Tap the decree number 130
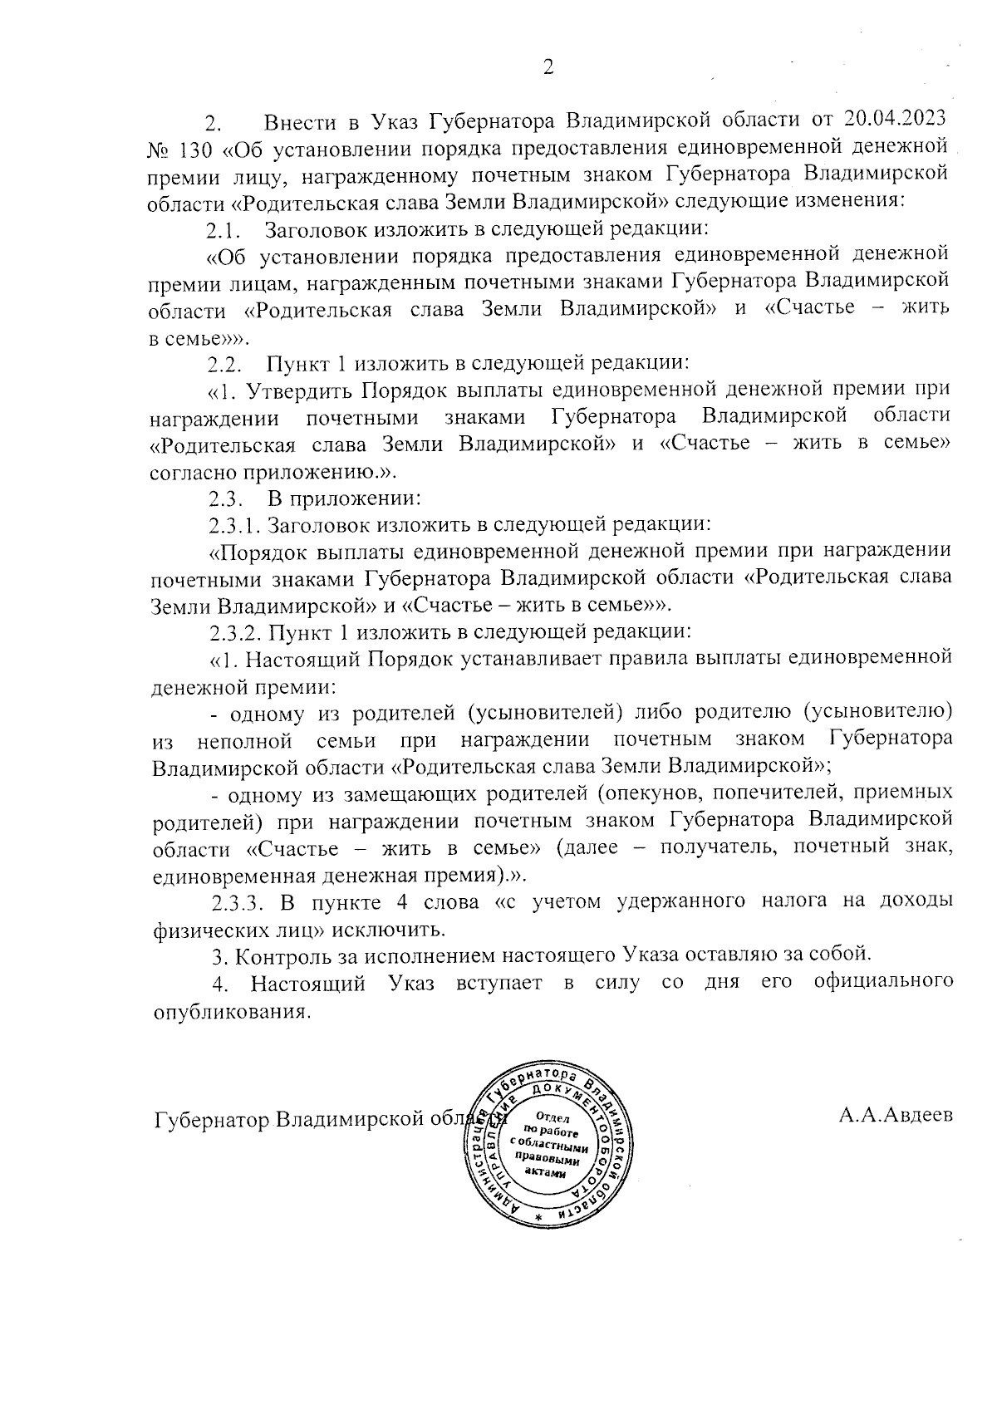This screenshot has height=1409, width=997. [196, 150]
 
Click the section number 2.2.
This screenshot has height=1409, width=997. [224, 363]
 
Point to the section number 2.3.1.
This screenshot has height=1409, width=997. [235, 525]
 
